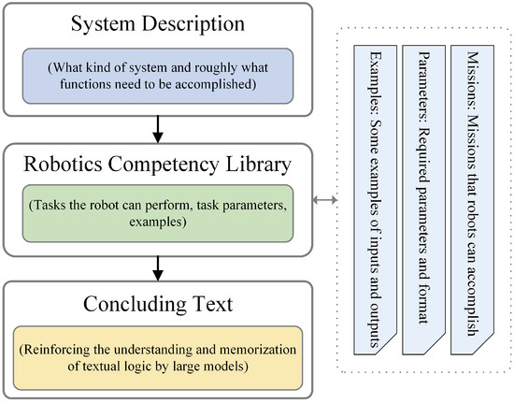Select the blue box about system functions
[x=161, y=74]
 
